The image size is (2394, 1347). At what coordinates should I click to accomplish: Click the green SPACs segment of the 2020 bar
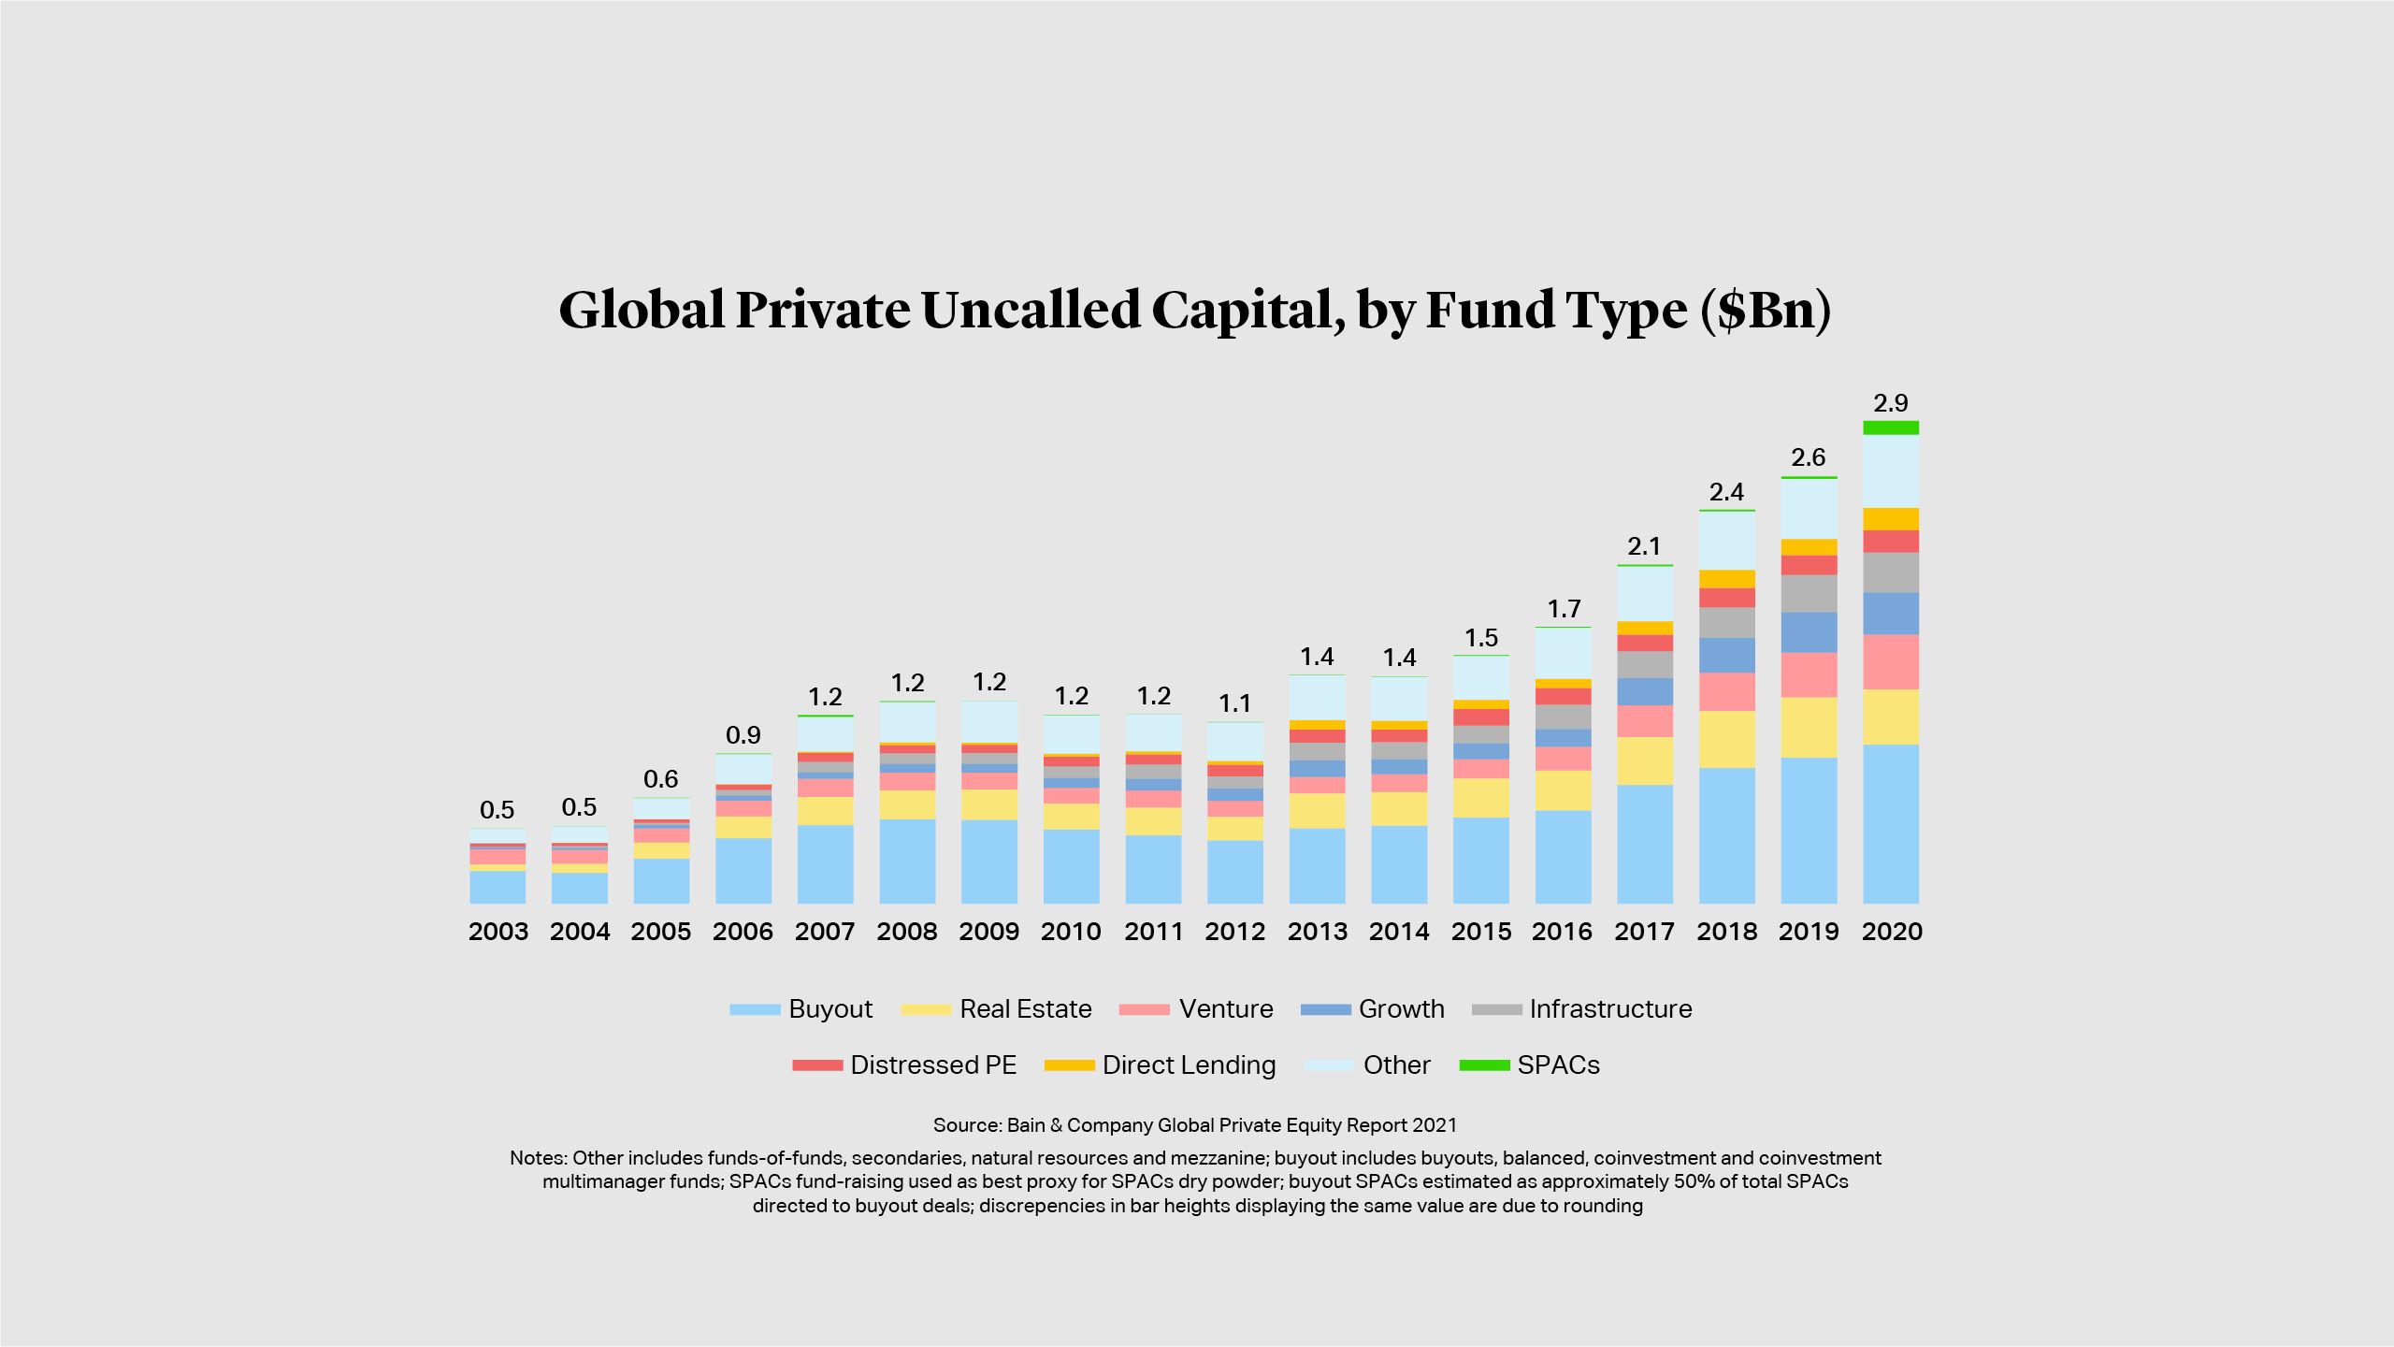coord(1890,427)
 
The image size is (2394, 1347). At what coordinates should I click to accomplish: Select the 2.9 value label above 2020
coord(1890,403)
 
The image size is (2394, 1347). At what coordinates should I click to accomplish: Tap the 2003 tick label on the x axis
coord(498,932)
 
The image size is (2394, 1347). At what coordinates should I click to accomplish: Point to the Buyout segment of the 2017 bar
coord(1644,844)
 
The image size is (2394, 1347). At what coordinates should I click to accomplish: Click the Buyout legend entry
coord(829,1009)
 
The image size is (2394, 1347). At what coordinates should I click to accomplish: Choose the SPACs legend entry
coord(1558,1065)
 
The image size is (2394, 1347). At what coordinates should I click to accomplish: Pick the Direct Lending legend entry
coord(1189,1065)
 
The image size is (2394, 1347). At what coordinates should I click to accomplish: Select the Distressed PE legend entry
coord(932,1065)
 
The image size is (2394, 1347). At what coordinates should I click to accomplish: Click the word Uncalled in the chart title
coord(1031,310)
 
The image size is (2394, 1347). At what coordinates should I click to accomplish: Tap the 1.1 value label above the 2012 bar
coord(1234,703)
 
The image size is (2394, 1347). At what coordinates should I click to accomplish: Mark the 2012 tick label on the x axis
coord(1234,932)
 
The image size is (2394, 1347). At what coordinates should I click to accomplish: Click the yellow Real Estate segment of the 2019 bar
coord(1809,727)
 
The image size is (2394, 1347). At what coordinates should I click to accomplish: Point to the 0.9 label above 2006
coord(743,735)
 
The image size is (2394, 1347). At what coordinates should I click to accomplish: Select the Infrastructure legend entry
coord(1610,1009)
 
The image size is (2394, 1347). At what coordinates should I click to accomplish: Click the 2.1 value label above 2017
coord(1644,546)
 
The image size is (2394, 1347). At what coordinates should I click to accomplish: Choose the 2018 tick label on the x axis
coord(1726,932)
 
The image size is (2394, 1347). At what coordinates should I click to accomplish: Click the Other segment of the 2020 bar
coord(1890,471)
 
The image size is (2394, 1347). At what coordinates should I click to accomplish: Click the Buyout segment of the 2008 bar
coord(907,861)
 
